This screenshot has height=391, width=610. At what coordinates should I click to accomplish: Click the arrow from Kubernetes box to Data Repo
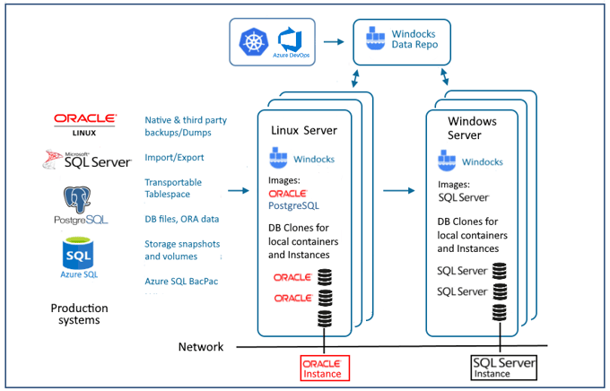334,41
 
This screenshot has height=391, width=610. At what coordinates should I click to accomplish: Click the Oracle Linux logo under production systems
84,123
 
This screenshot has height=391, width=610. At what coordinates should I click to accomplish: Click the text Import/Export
173,158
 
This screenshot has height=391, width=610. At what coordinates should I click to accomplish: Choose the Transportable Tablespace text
173,188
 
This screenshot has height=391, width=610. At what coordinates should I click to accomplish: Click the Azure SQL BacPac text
179,281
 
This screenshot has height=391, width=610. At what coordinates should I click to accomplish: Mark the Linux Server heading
304,131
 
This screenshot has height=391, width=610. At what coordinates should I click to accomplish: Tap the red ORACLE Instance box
322,367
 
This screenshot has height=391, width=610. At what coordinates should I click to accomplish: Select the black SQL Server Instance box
504,367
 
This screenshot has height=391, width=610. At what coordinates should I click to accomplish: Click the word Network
200,346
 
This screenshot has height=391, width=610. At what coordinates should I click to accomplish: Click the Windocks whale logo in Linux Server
279,160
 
